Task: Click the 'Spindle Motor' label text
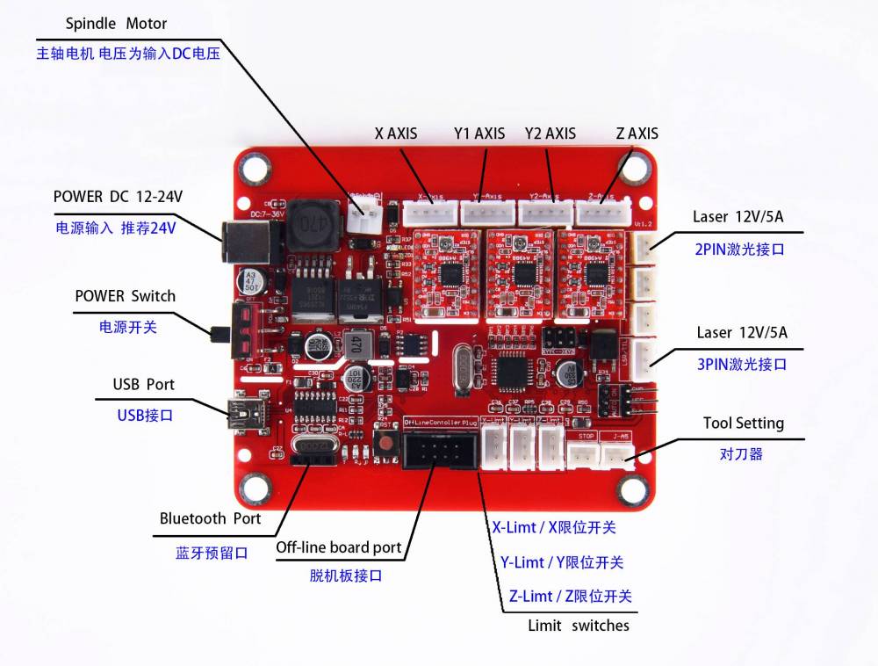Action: coord(116,23)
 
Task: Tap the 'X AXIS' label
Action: coord(396,134)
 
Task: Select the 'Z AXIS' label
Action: coord(637,134)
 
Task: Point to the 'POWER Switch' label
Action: coord(125,296)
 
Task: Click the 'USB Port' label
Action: coord(143,385)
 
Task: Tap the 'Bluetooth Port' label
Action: coord(210,518)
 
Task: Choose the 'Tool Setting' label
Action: coord(743,423)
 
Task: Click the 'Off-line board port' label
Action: coord(338,547)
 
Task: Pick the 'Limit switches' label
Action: coord(578,626)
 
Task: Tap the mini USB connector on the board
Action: coord(242,412)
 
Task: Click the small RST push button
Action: coord(383,444)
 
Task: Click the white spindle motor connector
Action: coord(362,215)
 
